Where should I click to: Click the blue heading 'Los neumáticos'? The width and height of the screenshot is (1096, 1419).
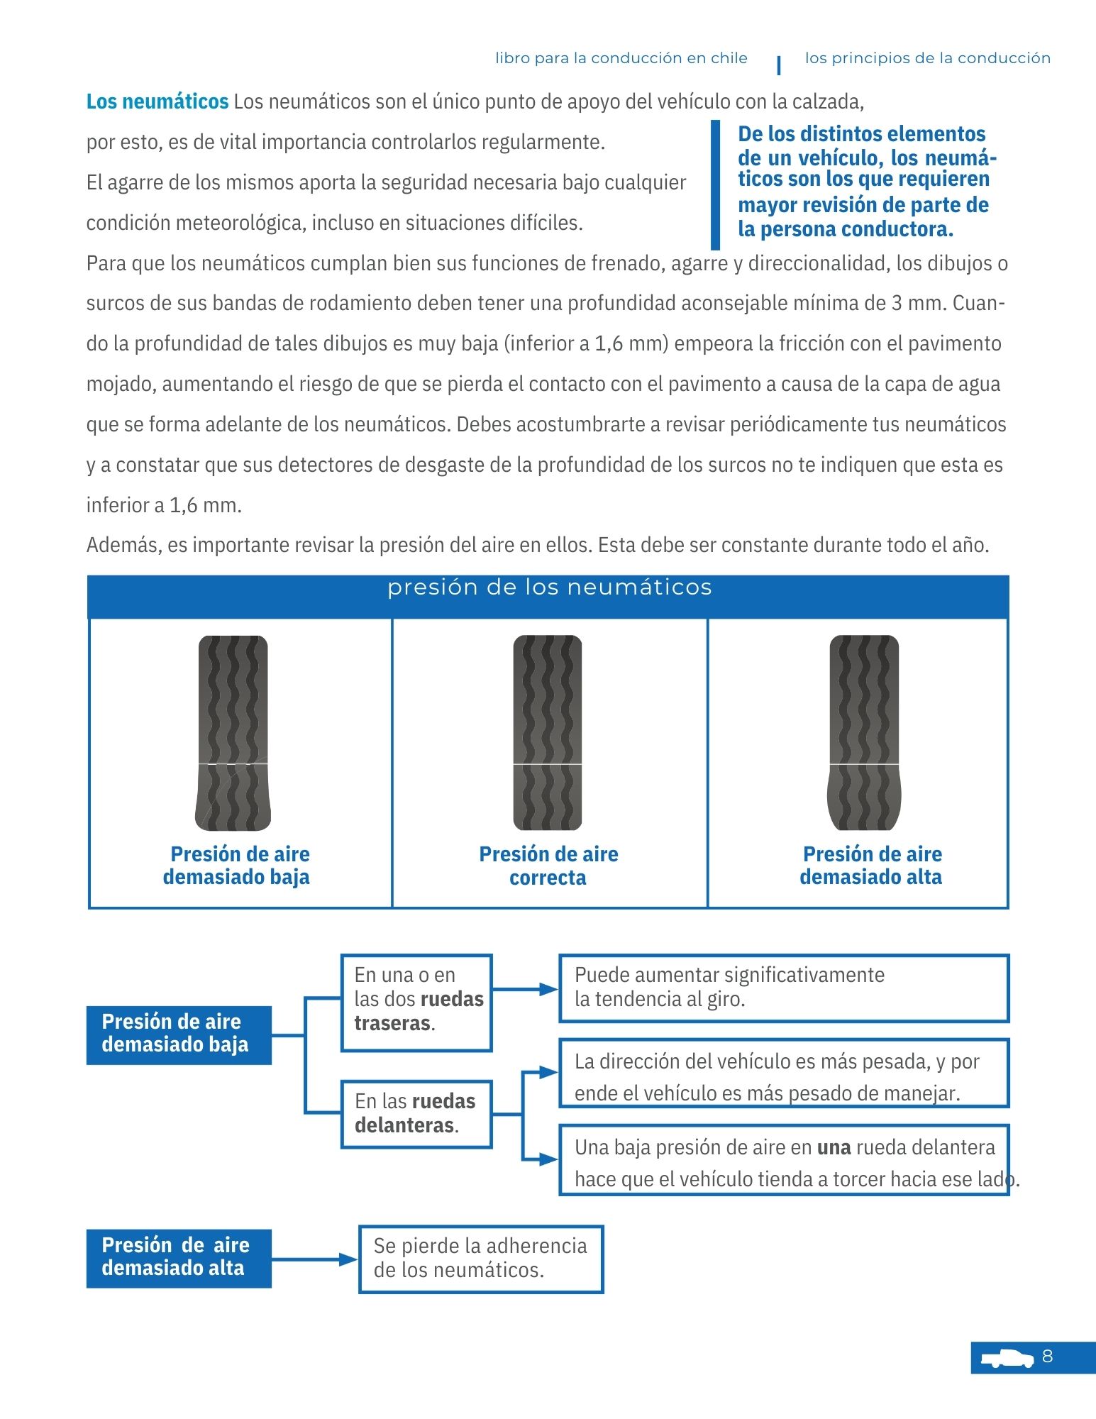[157, 101]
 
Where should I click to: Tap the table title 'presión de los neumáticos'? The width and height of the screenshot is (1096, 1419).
[549, 587]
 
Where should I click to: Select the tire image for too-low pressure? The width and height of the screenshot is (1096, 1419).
[233, 733]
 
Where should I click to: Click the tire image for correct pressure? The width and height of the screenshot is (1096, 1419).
[548, 733]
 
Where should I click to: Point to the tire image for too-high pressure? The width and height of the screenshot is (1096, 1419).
[864, 733]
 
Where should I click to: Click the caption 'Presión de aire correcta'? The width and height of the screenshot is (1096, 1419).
[548, 866]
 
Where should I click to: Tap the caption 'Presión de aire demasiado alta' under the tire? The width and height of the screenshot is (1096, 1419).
[871, 866]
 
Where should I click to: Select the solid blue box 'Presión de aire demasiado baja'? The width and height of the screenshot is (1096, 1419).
[179, 1034]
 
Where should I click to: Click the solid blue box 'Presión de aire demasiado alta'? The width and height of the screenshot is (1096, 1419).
[179, 1257]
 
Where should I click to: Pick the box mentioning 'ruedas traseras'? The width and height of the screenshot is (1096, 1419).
[416, 1002]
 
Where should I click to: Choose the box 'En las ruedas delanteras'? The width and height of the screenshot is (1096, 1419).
[416, 1113]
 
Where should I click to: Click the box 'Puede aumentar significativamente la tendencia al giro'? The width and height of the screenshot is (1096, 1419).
[784, 988]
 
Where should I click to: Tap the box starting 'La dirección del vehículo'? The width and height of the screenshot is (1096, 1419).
[784, 1073]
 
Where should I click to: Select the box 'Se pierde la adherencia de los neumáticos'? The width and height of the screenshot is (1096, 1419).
[481, 1259]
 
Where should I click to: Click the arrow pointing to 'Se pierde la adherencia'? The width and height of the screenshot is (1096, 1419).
[316, 1259]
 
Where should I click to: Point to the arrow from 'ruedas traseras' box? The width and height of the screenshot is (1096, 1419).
[526, 989]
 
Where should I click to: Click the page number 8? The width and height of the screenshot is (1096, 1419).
[1047, 1357]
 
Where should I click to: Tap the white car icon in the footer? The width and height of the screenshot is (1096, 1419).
[1007, 1358]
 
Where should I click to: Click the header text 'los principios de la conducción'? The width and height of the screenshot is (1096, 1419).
[927, 58]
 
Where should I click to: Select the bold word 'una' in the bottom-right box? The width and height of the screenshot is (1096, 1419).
[834, 1147]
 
